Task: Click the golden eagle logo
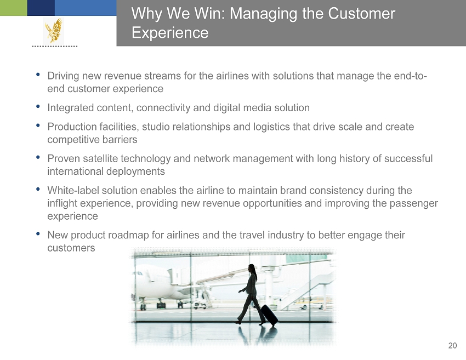coord(54,30)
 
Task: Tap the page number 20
coord(452,346)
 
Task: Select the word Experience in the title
coord(170,32)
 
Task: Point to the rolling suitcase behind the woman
coord(269,315)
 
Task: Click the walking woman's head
coord(252,268)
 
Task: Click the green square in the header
coord(13,8)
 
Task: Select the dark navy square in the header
coord(41,8)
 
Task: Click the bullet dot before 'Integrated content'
coord(38,106)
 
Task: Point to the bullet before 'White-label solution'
coord(38,188)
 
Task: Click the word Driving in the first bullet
coord(63,76)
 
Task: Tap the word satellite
coord(100,158)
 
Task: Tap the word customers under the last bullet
coord(71,248)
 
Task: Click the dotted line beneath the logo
coord(55,47)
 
